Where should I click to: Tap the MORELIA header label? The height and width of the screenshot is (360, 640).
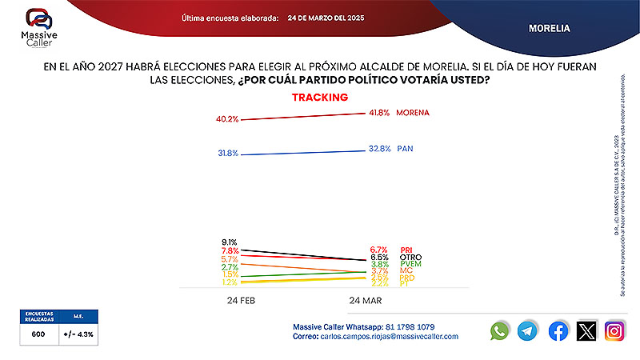(x=549, y=28)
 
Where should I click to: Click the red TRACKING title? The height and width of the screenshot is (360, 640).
(x=319, y=98)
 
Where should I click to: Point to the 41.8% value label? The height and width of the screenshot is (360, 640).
(x=378, y=113)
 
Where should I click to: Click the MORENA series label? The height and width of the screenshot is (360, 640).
(x=413, y=113)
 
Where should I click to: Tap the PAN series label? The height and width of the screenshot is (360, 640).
(x=405, y=149)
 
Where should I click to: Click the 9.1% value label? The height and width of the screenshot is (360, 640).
(x=230, y=242)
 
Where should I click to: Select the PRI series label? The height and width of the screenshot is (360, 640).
(x=406, y=250)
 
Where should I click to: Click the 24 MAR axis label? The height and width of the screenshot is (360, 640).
(x=365, y=300)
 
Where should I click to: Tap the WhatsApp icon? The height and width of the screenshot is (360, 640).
(x=500, y=330)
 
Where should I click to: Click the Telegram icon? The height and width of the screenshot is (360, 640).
(x=527, y=330)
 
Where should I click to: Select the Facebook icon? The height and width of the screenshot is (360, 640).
(x=558, y=330)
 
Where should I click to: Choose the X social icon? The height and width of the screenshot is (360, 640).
(x=587, y=330)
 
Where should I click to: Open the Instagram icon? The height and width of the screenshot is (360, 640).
(x=615, y=330)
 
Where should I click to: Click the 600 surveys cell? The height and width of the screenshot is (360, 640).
(x=38, y=334)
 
